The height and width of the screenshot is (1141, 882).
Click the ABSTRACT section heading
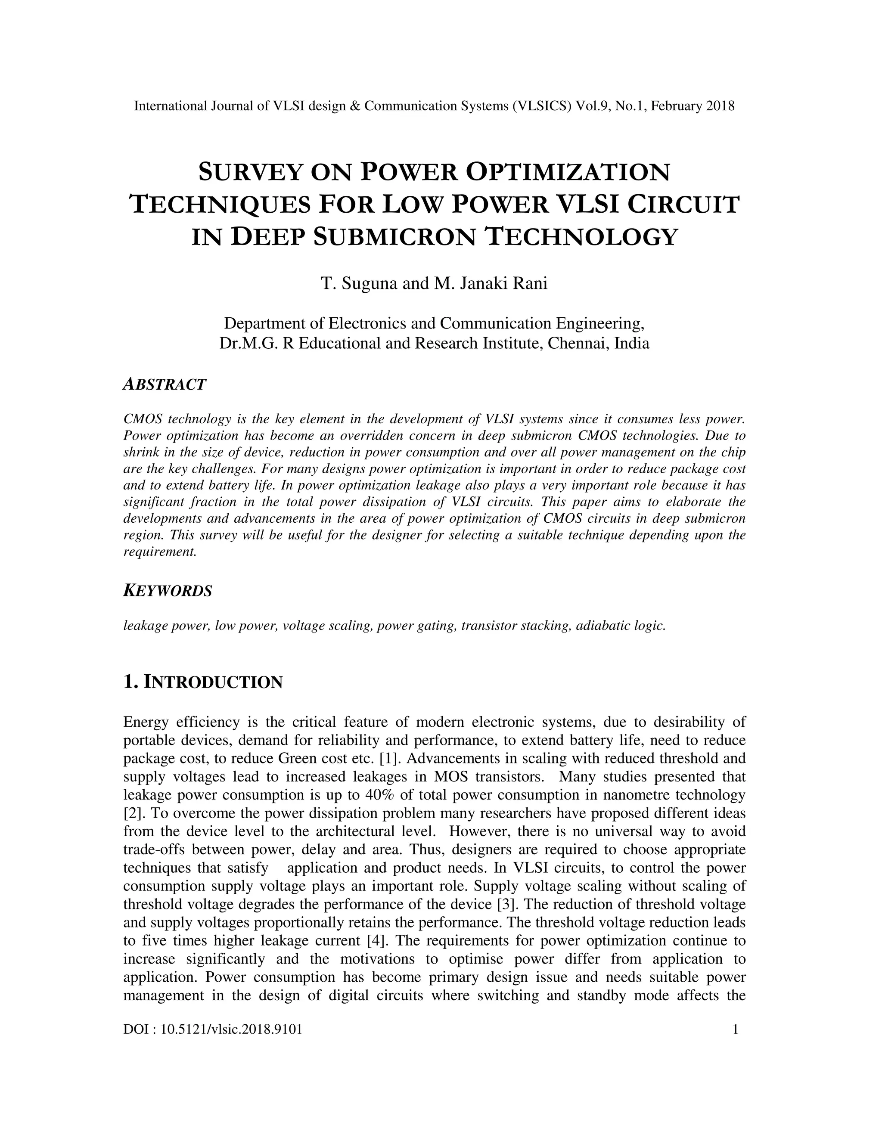(165, 384)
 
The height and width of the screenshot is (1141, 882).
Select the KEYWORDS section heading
(168, 592)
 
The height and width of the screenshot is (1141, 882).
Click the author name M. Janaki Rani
(491, 284)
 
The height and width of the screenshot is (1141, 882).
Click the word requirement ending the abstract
(159, 552)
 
